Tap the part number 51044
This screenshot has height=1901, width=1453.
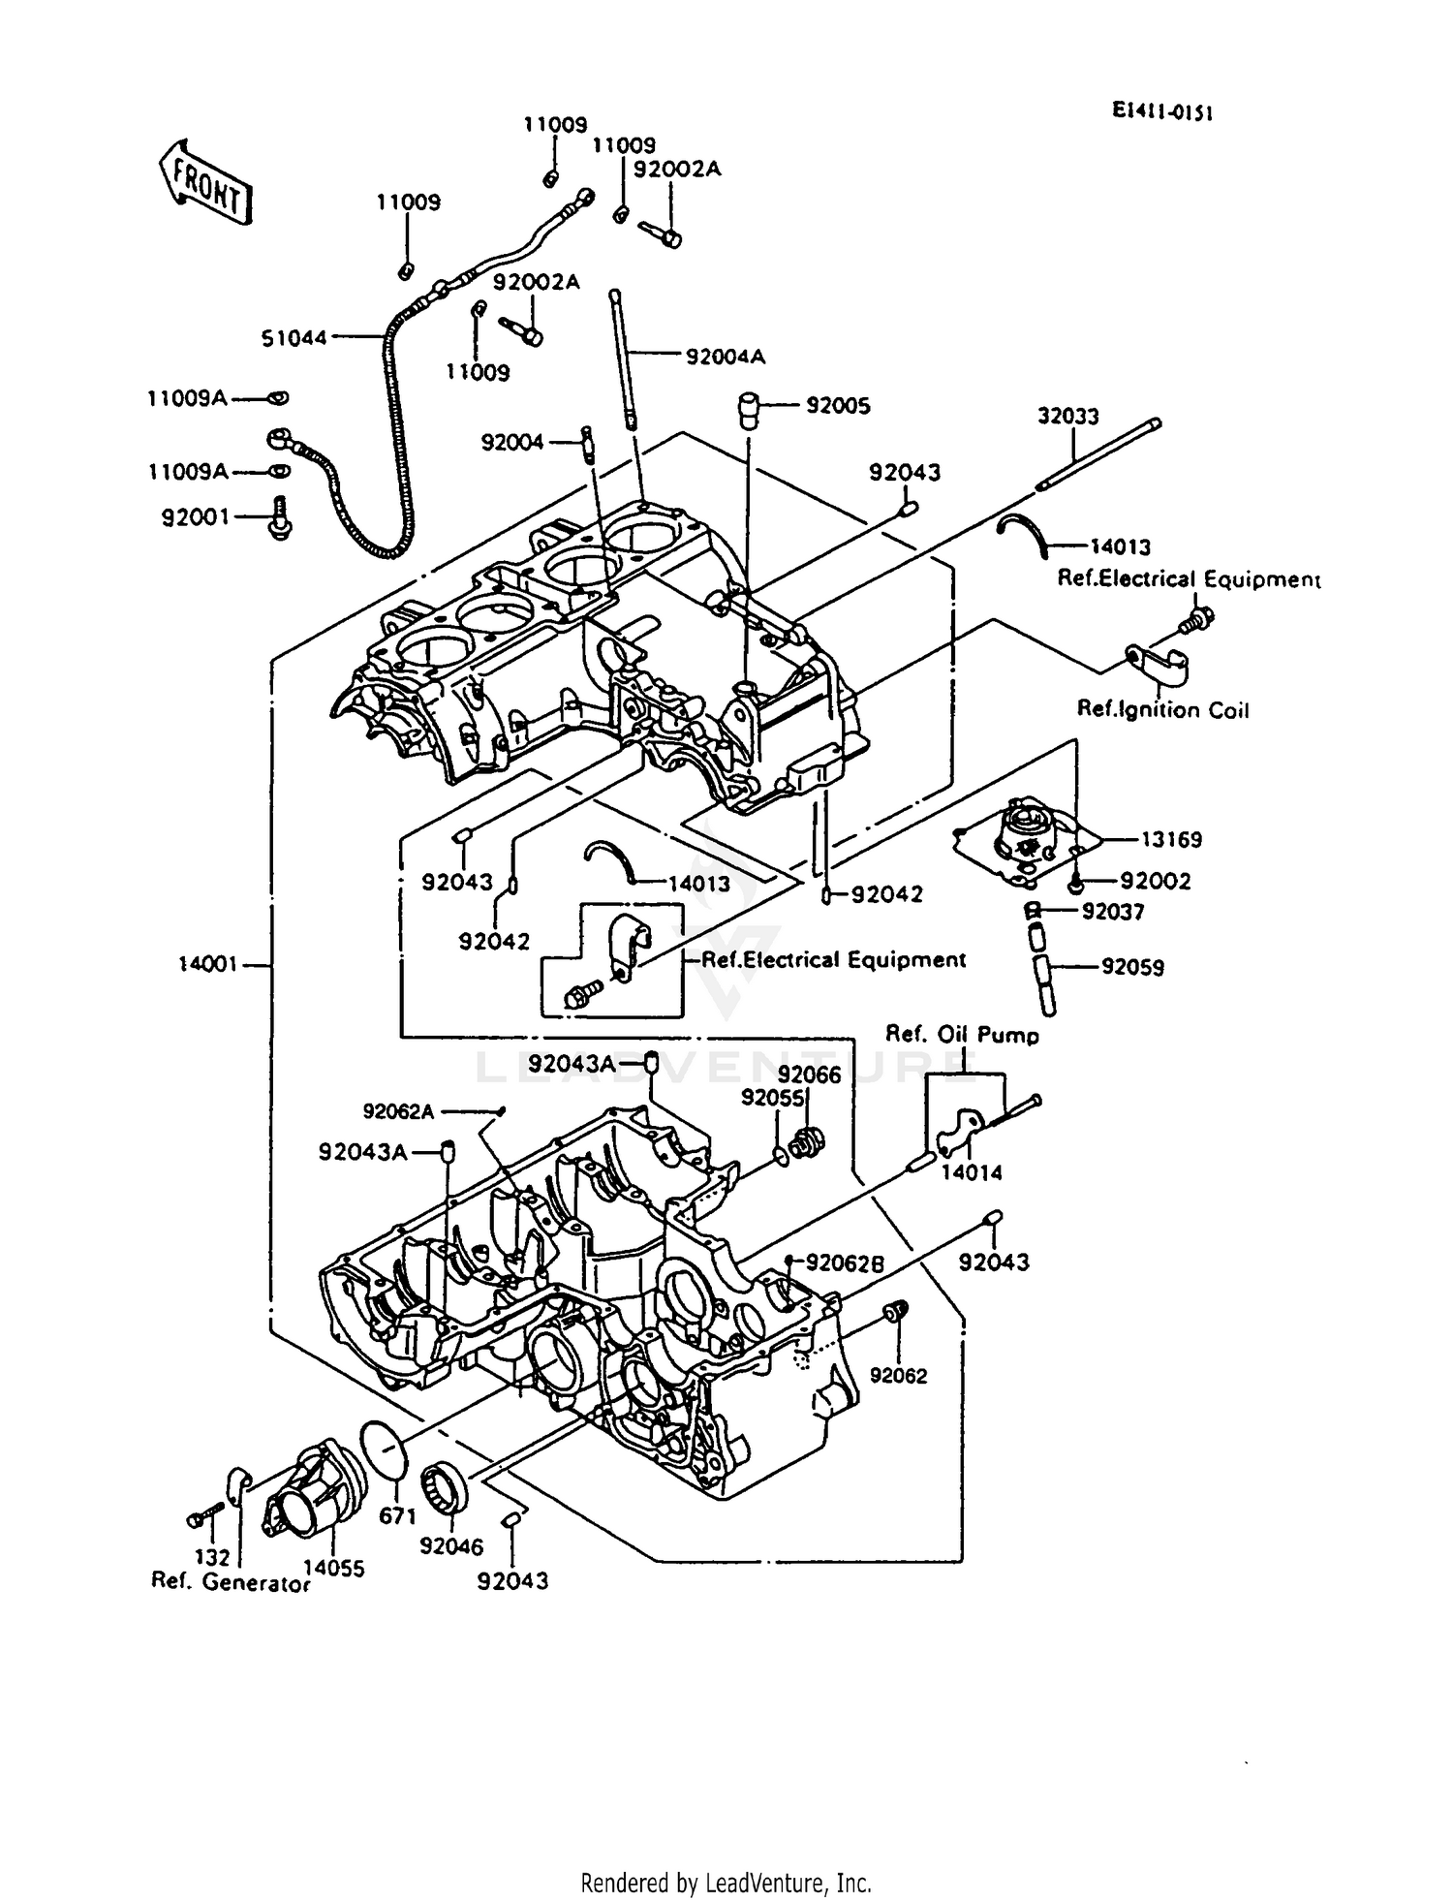point(294,338)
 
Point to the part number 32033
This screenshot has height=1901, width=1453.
point(1067,417)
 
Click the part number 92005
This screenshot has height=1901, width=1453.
point(838,406)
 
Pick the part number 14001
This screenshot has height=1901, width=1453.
point(207,965)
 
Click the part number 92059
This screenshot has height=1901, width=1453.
point(1132,967)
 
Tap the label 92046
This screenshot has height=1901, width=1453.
point(451,1547)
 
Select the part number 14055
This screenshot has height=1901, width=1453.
point(333,1568)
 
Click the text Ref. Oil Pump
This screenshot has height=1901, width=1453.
point(962,1035)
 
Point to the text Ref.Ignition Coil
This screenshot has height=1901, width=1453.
point(1162,710)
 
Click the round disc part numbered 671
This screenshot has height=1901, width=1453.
point(384,1451)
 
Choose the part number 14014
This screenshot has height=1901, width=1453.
point(972,1172)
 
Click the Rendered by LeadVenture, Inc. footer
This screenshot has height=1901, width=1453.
point(726,1883)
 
